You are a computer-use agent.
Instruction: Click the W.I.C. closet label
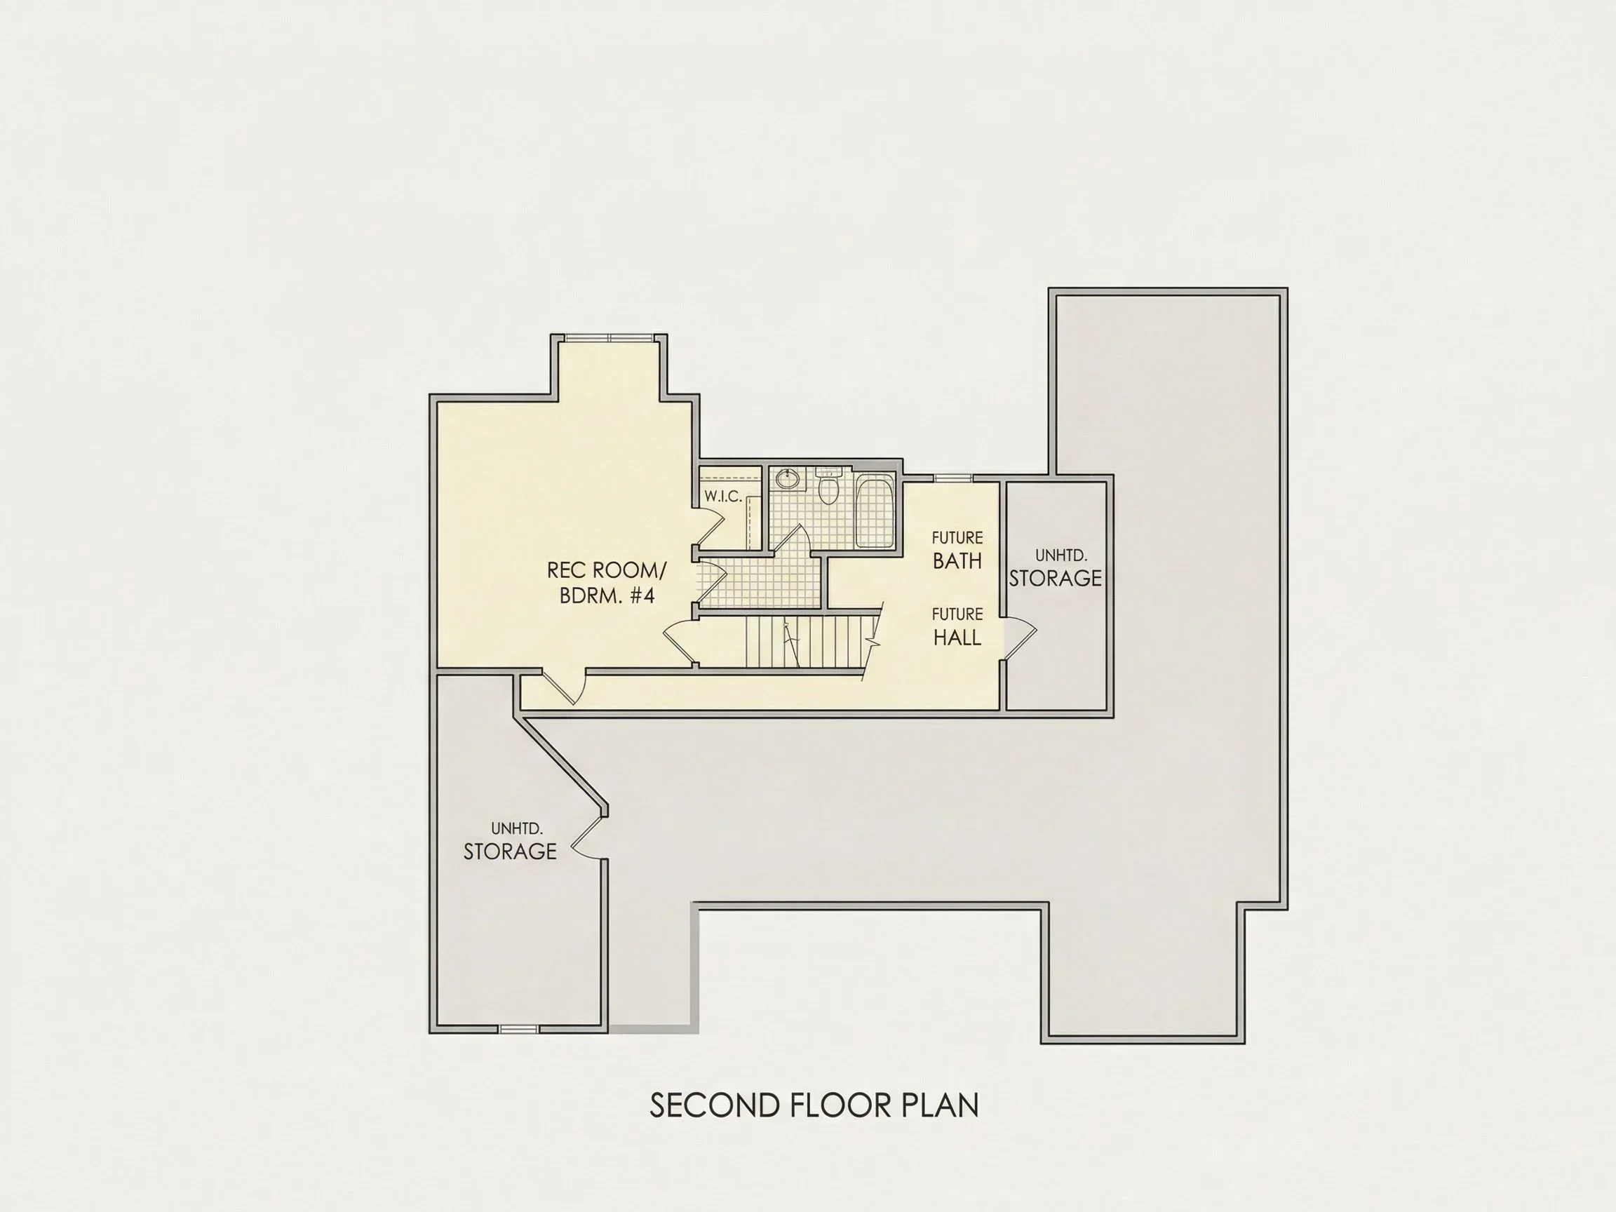tap(723, 496)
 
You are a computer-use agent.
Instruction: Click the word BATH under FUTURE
tap(957, 561)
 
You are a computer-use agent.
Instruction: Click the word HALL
tap(957, 638)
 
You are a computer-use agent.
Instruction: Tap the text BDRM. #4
tap(607, 595)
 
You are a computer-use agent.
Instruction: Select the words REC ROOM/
tap(607, 570)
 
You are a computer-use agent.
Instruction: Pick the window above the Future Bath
tap(953, 478)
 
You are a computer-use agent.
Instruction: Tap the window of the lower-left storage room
tap(519, 1029)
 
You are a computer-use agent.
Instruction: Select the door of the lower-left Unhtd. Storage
tap(589, 836)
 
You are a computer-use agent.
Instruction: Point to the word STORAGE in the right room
tap(1055, 578)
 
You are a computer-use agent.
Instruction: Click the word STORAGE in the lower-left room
tap(510, 851)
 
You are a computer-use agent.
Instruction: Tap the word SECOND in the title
tap(715, 1106)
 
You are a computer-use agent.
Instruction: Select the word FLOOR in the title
tap(841, 1106)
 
